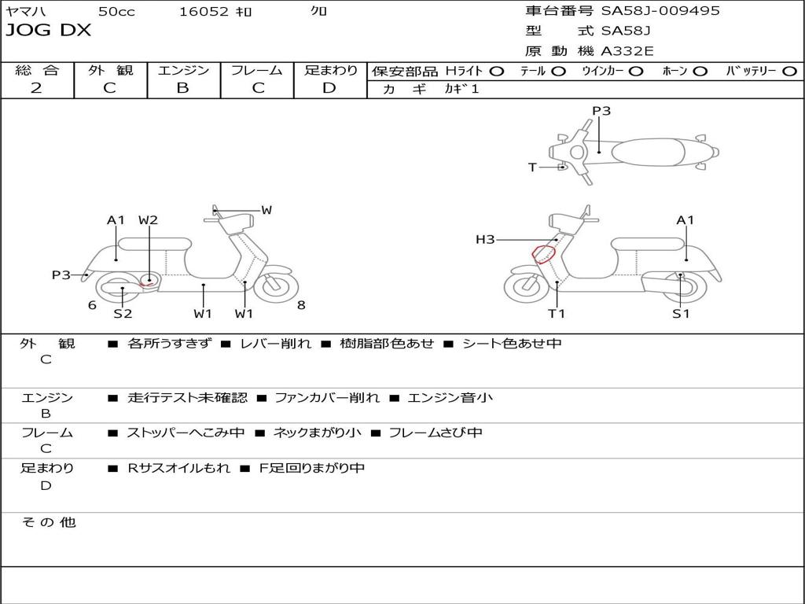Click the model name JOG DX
point(48,31)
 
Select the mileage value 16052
point(204,11)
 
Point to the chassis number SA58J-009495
point(660,11)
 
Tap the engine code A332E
point(627,51)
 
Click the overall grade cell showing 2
point(36,88)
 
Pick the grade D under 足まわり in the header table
point(329,88)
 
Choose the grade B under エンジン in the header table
point(182,88)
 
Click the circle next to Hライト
point(496,71)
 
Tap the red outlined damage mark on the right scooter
point(544,253)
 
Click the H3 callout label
point(485,239)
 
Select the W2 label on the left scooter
point(148,220)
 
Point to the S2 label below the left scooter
point(123,314)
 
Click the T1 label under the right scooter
point(557,314)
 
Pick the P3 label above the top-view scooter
point(601,111)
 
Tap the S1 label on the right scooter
point(681,314)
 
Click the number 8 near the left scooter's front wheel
point(301,305)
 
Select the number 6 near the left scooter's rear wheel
point(92,305)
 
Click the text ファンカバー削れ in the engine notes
point(326,398)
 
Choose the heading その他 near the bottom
point(48,522)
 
